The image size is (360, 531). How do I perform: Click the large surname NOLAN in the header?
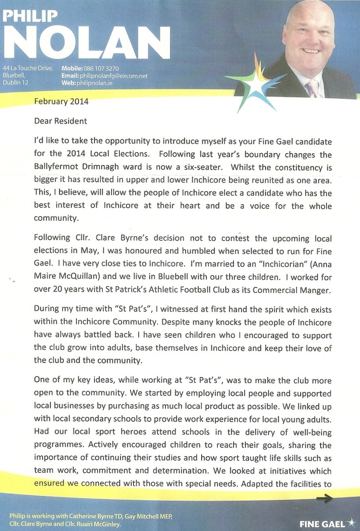point(87,42)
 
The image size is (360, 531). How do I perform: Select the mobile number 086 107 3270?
point(101,69)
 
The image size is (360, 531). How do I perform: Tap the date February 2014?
point(61,102)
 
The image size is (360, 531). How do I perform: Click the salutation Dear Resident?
point(60,121)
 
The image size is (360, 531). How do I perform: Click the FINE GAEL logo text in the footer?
point(322,524)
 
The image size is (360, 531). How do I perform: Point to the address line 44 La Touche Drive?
point(28,69)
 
